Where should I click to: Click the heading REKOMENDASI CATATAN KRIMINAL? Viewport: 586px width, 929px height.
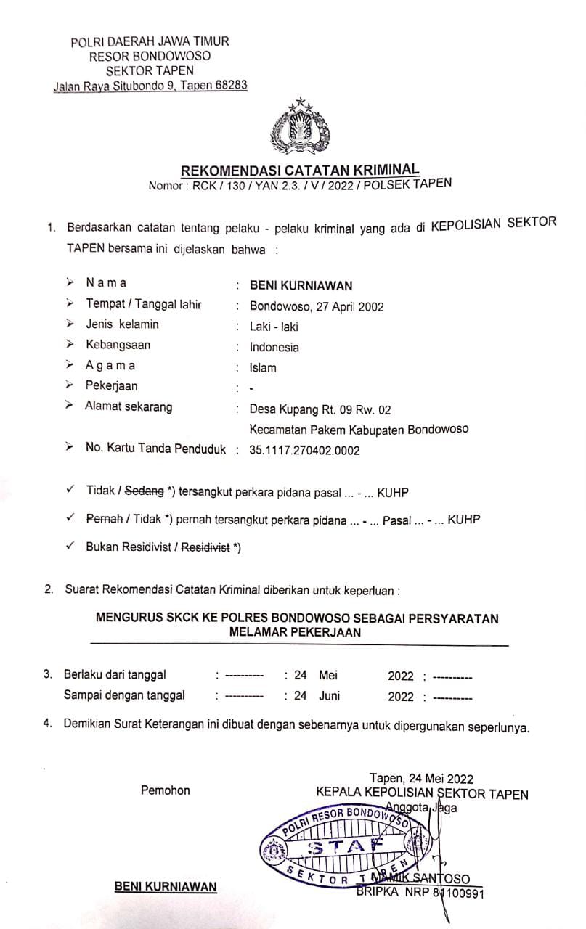(299, 170)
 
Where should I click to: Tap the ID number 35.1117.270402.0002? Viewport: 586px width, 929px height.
(304, 450)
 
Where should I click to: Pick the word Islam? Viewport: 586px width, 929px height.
(263, 367)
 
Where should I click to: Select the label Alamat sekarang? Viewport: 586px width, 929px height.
(129, 406)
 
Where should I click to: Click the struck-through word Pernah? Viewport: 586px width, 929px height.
(101, 520)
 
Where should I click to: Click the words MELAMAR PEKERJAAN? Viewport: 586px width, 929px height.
(296, 632)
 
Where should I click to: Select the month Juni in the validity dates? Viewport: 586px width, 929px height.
(329, 695)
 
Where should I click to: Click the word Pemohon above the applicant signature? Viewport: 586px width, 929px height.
(166, 790)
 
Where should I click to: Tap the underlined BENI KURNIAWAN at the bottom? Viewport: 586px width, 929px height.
(166, 887)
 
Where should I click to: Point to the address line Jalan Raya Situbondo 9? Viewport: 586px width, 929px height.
(115, 86)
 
